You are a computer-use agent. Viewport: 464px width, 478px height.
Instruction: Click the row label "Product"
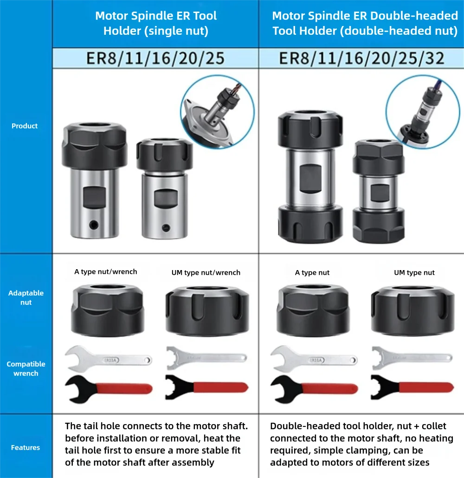(x=25, y=126)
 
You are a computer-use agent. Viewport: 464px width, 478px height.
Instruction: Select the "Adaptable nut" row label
(x=26, y=297)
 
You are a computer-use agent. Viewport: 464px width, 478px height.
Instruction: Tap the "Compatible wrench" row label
(x=26, y=368)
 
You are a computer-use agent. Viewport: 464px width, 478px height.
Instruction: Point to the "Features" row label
(x=26, y=447)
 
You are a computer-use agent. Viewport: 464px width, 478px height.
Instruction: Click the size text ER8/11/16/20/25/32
(x=361, y=58)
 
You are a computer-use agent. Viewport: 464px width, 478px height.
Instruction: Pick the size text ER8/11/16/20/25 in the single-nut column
(x=155, y=58)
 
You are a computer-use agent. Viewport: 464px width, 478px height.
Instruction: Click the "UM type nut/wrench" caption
(x=206, y=272)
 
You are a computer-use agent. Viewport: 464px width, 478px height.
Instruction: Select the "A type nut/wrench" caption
(x=106, y=271)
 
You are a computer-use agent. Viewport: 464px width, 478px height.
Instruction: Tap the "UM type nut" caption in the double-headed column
(x=414, y=272)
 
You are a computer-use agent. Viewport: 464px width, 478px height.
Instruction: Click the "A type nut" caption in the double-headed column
(x=312, y=272)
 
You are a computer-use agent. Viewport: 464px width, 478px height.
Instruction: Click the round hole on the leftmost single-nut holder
(x=94, y=225)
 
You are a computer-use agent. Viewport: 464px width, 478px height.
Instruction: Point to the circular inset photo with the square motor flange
(x=217, y=112)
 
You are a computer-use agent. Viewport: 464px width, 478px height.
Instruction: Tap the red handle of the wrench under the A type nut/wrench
(x=124, y=389)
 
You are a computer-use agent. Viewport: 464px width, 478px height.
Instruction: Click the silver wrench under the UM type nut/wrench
(x=206, y=357)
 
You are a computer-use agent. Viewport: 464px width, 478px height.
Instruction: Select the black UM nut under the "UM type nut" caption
(x=413, y=311)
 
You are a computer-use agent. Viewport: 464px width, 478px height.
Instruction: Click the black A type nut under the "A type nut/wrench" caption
(x=107, y=310)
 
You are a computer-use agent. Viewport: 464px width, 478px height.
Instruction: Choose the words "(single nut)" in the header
(x=176, y=31)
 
